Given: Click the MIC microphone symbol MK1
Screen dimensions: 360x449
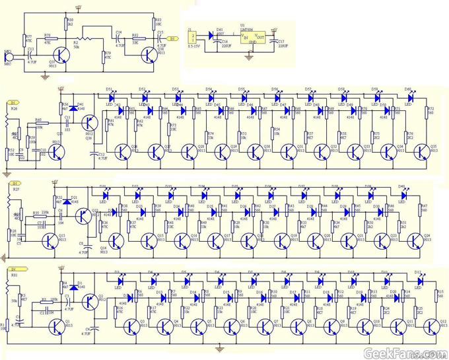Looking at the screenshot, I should [9, 57].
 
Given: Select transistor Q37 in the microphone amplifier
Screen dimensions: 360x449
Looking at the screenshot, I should [61, 53].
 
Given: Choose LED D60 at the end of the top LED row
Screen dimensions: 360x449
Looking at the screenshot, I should [409, 98].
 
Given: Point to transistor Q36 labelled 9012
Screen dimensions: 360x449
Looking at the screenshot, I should [88, 123].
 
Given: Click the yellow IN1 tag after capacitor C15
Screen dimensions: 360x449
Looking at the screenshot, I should [174, 39].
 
